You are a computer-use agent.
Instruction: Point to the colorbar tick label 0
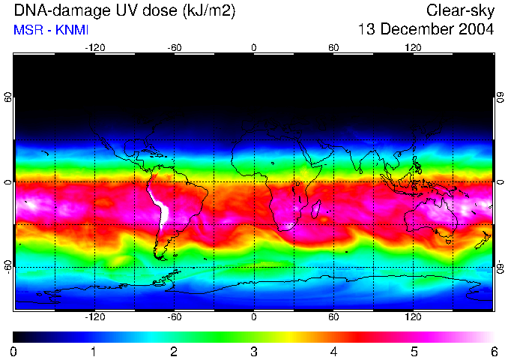(13, 352)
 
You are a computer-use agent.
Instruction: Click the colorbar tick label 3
(253, 352)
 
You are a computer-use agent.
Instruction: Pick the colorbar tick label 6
(493, 352)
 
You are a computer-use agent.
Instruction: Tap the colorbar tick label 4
(333, 352)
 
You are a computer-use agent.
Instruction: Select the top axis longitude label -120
(94, 48)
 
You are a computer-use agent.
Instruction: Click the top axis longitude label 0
(254, 48)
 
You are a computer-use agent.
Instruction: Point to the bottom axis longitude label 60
(333, 316)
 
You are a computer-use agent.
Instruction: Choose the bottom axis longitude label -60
(175, 316)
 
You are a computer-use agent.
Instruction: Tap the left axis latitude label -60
(8, 267)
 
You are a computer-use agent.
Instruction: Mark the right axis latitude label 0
(500, 182)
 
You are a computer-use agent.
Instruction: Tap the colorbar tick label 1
(94, 352)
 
